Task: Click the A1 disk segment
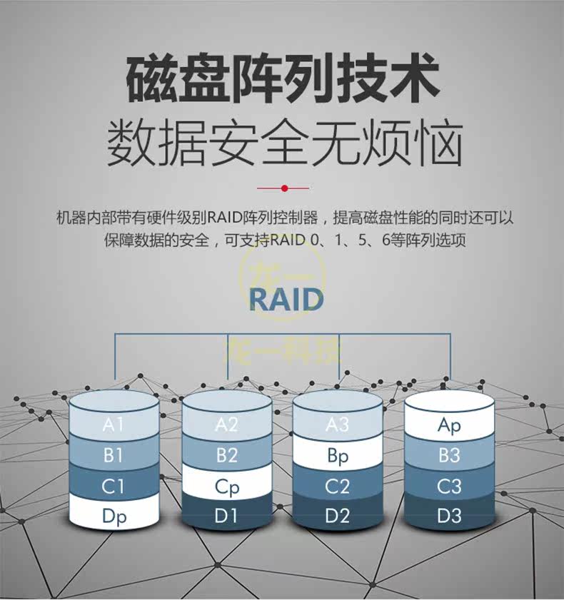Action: click(x=114, y=425)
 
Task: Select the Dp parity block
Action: click(x=114, y=516)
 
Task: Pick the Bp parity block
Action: click(x=338, y=456)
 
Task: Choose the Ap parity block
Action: click(x=449, y=426)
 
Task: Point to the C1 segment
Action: click(x=114, y=487)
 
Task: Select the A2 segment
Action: click(x=226, y=425)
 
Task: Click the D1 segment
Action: click(x=226, y=516)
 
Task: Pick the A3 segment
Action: click(x=338, y=425)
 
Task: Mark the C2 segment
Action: click(x=338, y=487)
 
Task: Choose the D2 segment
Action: click(x=338, y=516)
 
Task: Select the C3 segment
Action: click(x=449, y=487)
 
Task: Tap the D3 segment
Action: click(x=449, y=516)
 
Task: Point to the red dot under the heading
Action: click(x=284, y=188)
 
